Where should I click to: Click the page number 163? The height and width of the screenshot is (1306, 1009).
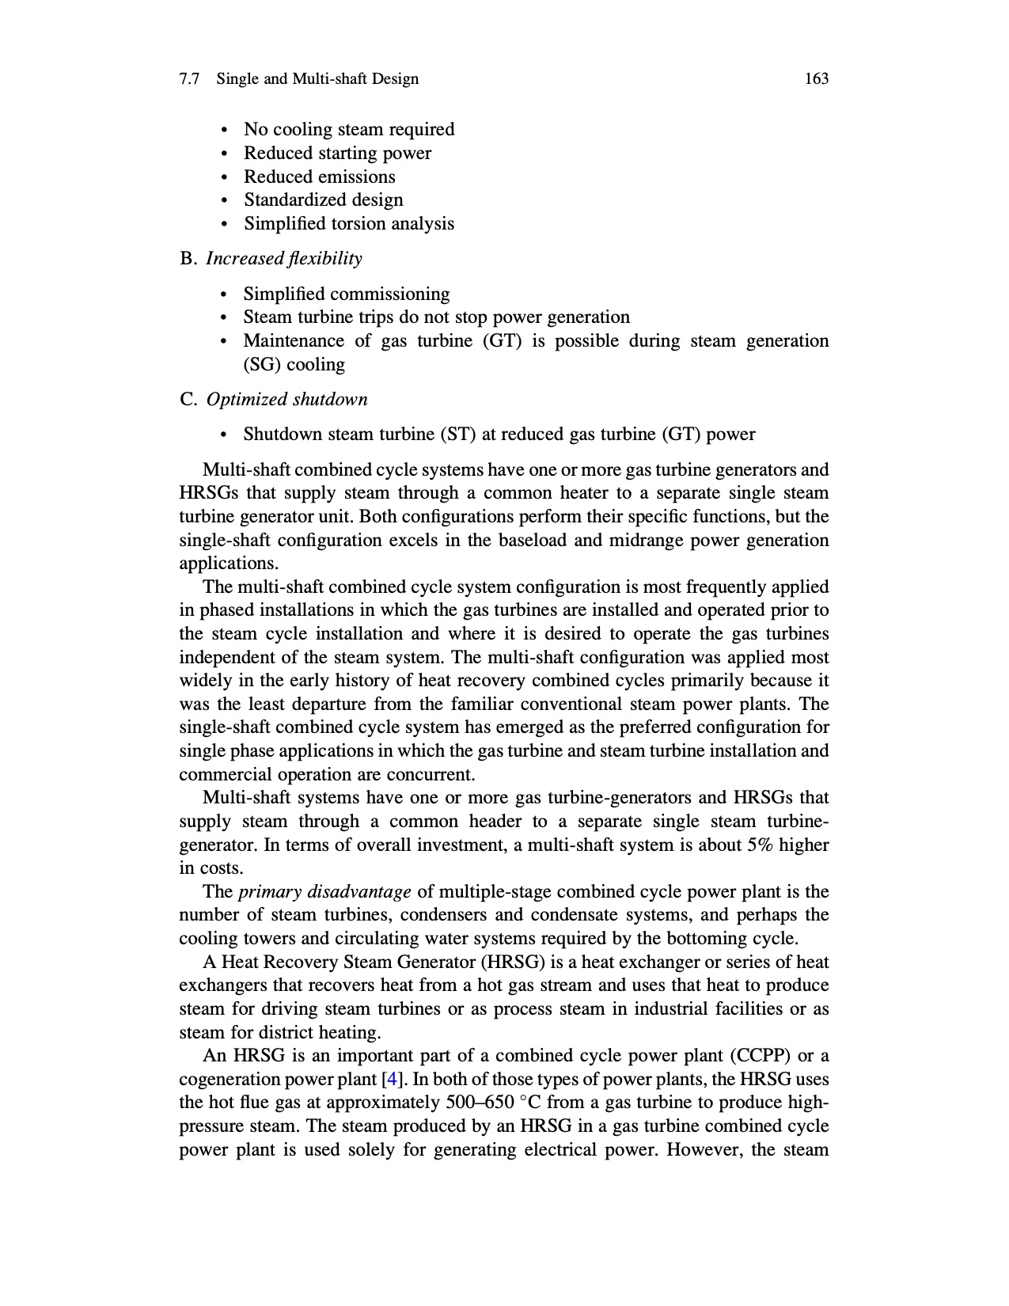816,78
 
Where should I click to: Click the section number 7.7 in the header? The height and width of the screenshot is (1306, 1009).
188,78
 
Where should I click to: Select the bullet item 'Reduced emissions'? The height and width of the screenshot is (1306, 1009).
319,177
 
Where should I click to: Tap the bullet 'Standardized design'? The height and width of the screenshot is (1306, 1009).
323,200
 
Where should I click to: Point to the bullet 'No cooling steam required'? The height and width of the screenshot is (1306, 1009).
348,129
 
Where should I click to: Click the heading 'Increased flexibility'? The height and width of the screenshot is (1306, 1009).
284,259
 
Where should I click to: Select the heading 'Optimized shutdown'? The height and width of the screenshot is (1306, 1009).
286,399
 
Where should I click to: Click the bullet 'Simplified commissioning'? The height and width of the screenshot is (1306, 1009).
346,294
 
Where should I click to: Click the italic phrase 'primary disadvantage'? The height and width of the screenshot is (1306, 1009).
324,892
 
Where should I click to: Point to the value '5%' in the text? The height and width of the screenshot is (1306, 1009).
760,845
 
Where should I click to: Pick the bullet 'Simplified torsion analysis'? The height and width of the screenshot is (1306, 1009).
348,224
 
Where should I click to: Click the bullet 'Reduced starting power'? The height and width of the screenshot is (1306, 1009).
337,153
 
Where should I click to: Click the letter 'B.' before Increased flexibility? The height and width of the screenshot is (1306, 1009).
188,259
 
